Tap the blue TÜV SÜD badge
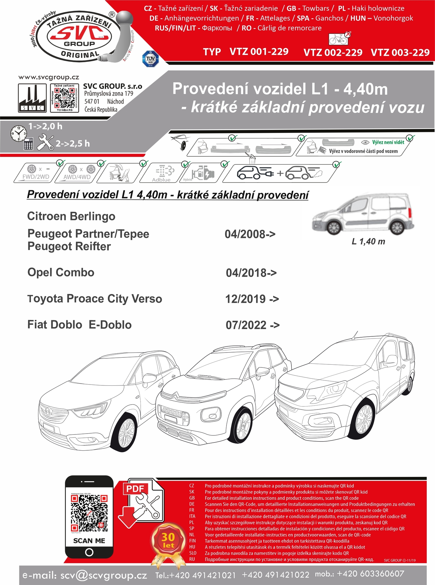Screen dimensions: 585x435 coord(151,59)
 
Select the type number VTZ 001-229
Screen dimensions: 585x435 coord(259,51)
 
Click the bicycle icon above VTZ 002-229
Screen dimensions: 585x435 coord(338,39)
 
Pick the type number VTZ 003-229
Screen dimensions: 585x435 coord(400,52)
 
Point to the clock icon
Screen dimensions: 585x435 coord(19,133)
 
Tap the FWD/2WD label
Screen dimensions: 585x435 coord(36,177)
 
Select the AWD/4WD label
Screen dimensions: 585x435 coord(77,177)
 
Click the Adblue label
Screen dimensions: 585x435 coord(161,180)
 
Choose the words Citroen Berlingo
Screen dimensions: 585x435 coord(71,216)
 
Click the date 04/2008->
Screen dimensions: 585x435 coord(250,234)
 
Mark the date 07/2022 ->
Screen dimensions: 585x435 coord(252,325)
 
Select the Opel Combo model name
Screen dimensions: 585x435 coord(61,272)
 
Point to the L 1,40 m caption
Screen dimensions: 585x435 coord(368,242)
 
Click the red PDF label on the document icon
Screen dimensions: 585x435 coord(135,489)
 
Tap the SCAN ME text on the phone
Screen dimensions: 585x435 coord(89,541)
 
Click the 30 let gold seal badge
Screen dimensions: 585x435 coord(168,541)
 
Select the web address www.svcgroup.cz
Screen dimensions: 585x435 coord(49,77)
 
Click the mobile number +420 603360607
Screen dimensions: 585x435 coord(370,574)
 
